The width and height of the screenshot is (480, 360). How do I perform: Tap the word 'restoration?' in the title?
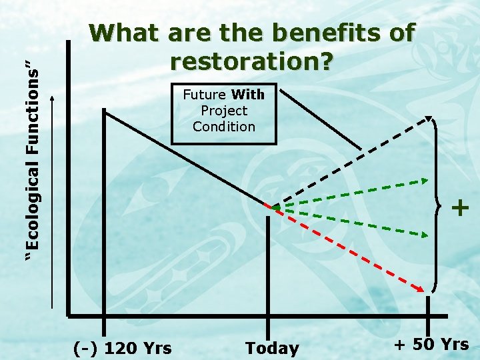[252, 61]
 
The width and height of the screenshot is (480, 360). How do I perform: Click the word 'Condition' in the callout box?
[224, 127]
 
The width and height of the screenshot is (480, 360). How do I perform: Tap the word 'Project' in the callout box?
[224, 111]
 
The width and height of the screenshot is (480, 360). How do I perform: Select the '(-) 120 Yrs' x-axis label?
[122, 347]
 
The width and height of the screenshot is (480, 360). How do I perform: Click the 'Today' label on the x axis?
[272, 348]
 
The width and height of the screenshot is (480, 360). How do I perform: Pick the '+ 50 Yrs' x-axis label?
[431, 345]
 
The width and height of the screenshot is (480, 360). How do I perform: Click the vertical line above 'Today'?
[268, 267]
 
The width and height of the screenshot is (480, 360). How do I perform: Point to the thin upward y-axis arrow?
[54, 200]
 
